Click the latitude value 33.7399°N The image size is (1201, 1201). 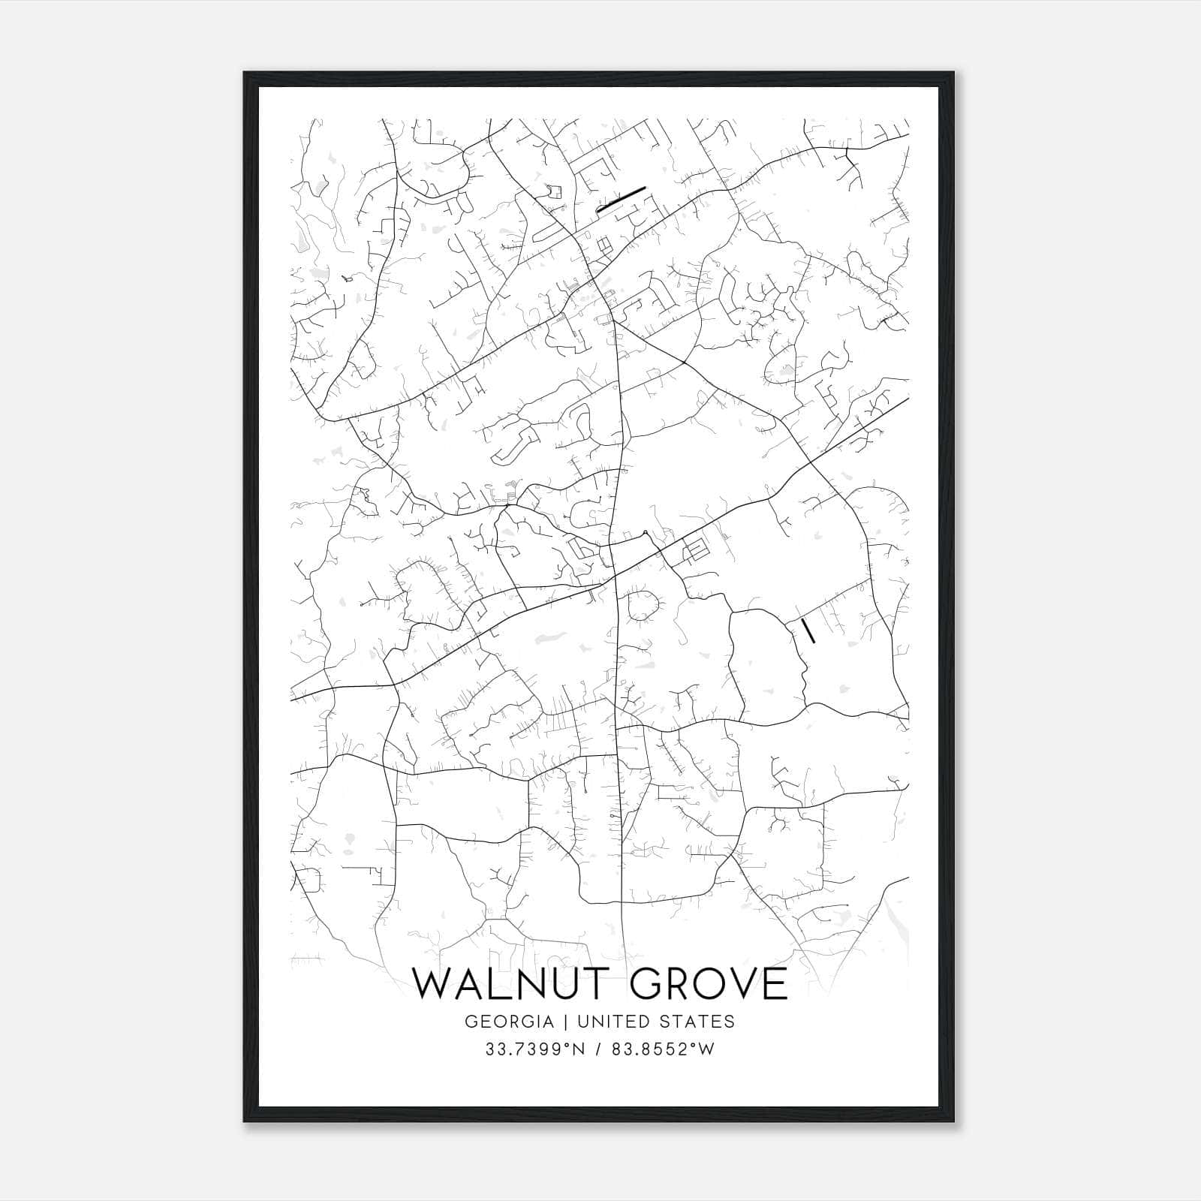(534, 1050)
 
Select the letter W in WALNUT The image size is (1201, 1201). (435, 984)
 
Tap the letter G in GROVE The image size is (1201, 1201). (633, 984)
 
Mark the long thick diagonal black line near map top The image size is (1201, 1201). (621, 200)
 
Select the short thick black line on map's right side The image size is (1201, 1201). (808, 631)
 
